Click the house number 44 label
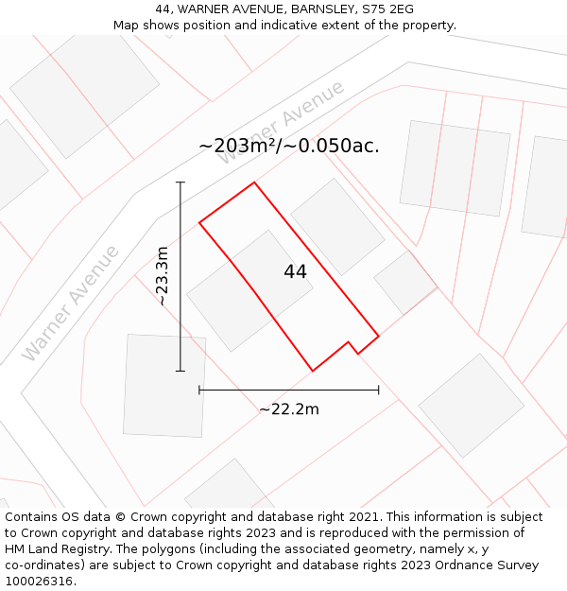(x=295, y=271)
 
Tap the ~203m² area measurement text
(x=288, y=146)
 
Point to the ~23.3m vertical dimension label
(x=162, y=275)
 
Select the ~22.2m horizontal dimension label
(x=288, y=409)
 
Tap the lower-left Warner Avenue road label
(x=71, y=303)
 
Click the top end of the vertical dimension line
(x=180, y=183)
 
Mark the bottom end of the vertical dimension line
(x=180, y=371)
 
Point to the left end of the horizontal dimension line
(x=199, y=390)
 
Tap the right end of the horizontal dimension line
(x=379, y=390)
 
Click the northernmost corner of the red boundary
(x=254, y=183)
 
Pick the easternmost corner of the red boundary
(x=379, y=336)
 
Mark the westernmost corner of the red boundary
(x=199, y=223)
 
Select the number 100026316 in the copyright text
(x=38, y=581)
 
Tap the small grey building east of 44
(x=405, y=282)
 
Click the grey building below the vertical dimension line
(x=164, y=385)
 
